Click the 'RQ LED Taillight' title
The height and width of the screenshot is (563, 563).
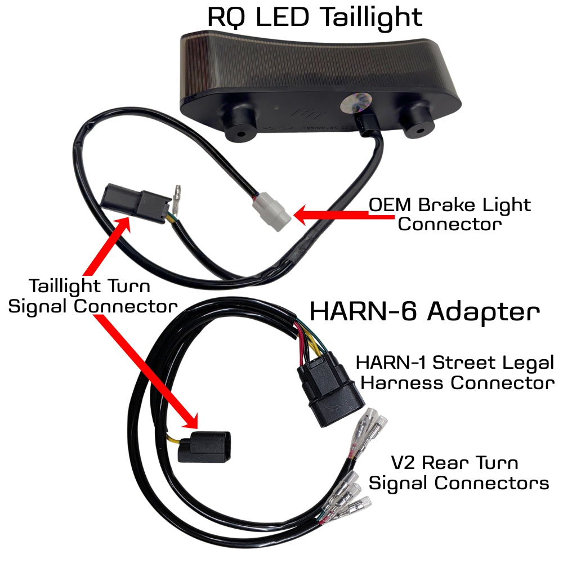[315, 17]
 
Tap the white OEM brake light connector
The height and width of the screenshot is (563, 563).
[271, 212]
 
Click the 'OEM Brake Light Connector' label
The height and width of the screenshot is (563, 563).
[449, 215]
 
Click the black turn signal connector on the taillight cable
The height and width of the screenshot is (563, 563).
[135, 203]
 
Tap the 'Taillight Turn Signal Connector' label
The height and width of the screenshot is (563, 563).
[93, 296]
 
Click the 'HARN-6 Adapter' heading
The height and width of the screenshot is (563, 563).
[425, 311]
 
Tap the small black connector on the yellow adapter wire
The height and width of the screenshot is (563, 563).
[204, 446]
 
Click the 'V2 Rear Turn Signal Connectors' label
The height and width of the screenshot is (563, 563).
[459, 472]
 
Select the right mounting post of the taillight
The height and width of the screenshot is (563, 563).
[418, 120]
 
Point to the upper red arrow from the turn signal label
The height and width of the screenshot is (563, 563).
[106, 247]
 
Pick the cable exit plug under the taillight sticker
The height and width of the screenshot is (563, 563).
[367, 124]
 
